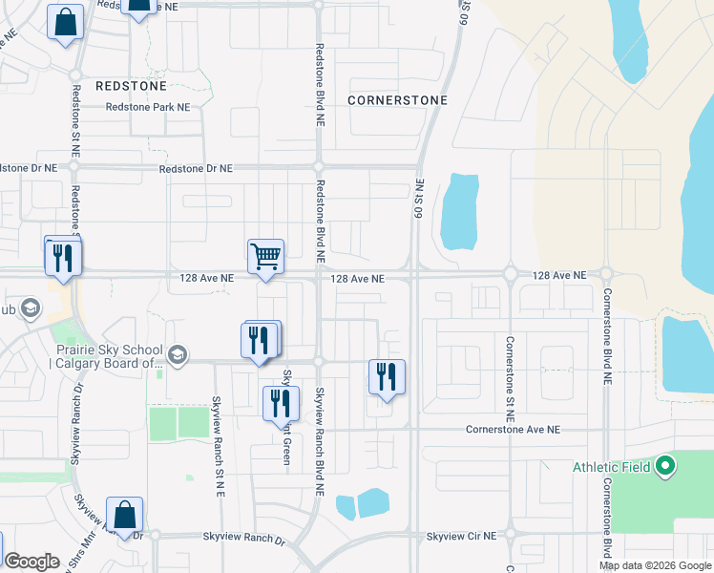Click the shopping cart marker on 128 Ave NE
click(x=265, y=256)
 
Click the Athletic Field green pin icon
click(x=665, y=467)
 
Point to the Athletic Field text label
click(x=611, y=467)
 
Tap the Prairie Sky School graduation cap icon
click(x=177, y=355)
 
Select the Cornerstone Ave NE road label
click(x=512, y=430)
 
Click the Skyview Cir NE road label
click(x=462, y=537)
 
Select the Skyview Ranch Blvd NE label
click(x=320, y=438)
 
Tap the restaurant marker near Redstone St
click(x=63, y=257)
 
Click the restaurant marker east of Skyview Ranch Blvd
click(x=387, y=376)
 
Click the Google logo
click(x=31, y=562)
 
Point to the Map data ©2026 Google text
click(x=654, y=565)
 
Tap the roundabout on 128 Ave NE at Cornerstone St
click(x=511, y=276)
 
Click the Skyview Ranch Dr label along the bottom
click(x=244, y=541)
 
